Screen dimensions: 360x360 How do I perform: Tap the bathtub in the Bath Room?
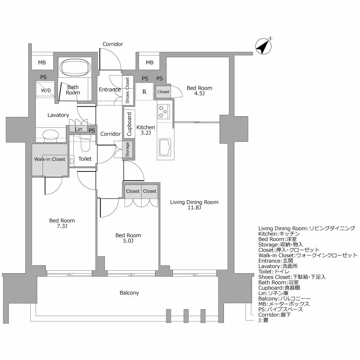coord(75,67)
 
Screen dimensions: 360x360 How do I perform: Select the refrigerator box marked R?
coord(144,92)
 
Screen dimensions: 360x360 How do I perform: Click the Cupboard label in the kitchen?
coord(130,124)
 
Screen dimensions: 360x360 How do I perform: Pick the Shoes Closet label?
coord(127,90)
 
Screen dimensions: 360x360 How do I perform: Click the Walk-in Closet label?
coord(50,159)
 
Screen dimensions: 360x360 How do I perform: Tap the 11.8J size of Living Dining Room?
coord(194,208)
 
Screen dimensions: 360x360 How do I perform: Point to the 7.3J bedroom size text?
coord(62,226)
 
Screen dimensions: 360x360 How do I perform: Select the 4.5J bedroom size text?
coord(199,94)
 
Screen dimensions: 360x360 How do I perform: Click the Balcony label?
coord(129,293)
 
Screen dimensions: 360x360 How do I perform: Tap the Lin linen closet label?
coord(78,129)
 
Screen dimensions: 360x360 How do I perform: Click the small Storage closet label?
coord(127,150)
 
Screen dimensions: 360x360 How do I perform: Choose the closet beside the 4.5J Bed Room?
coord(163,92)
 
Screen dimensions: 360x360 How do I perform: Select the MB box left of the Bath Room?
coord(42,63)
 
